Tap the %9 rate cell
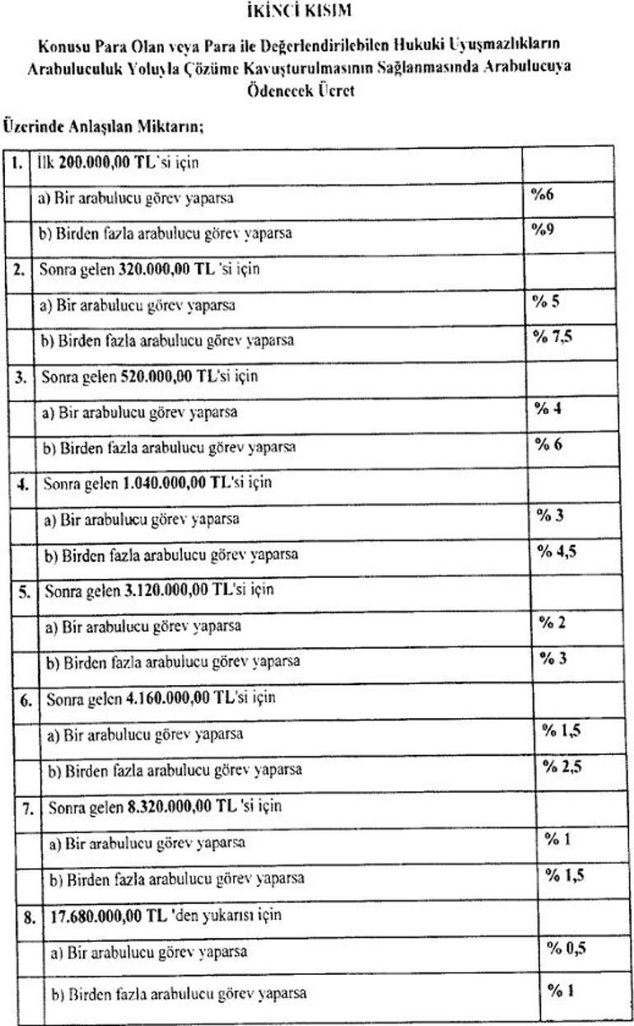[x=542, y=230]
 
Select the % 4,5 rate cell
[x=557, y=551]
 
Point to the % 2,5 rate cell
[x=561, y=766]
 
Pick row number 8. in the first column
[x=29, y=916]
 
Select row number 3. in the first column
[x=21, y=378]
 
